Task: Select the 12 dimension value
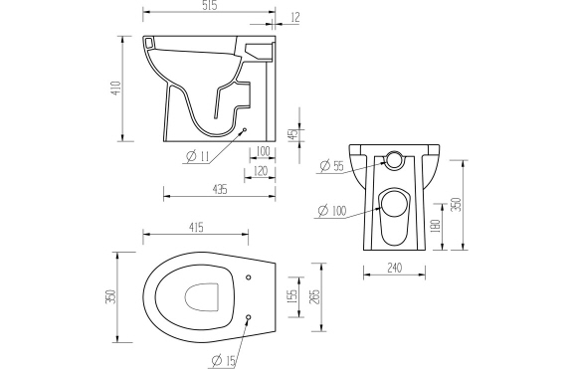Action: pos(295,17)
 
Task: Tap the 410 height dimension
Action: pos(114,91)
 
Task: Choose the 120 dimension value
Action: pos(262,171)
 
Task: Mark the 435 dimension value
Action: pos(218,188)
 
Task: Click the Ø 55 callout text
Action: pos(331,166)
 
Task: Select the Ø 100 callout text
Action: pos(331,210)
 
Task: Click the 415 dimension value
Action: pos(195,228)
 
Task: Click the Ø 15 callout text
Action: pos(224,360)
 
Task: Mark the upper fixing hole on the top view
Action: pos(248,277)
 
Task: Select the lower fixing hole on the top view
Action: pos(248,318)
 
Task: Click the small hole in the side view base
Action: pos(245,129)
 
